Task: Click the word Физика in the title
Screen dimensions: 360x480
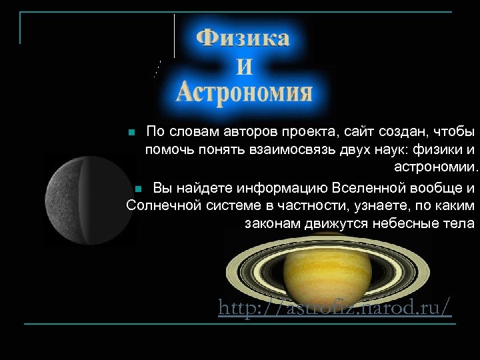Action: pos(243,39)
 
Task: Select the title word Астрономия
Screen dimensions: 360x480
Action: pos(244,92)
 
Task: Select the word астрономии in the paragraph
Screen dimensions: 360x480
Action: pos(435,167)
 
